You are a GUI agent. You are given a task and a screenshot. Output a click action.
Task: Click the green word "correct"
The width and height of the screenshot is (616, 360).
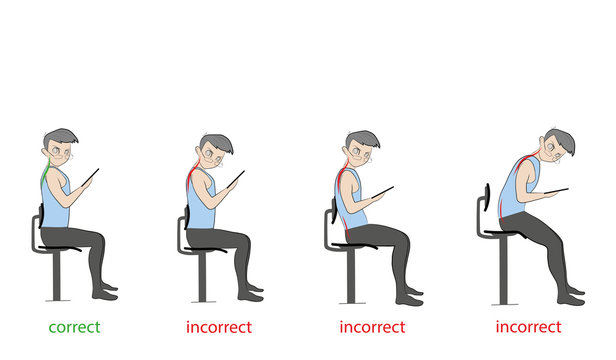pyautogui.click(x=74, y=327)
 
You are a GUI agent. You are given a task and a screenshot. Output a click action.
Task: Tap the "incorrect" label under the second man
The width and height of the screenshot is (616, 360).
pyautogui.click(x=219, y=327)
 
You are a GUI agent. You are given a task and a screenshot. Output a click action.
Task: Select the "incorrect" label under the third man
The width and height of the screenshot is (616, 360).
pyautogui.click(x=373, y=327)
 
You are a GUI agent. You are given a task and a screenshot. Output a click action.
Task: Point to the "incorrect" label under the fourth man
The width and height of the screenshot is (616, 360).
pyautogui.click(x=529, y=327)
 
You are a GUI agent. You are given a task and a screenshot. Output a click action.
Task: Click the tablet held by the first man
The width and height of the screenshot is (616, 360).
pyautogui.click(x=89, y=178)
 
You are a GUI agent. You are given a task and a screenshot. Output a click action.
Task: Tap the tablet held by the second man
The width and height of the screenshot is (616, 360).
pyautogui.click(x=236, y=180)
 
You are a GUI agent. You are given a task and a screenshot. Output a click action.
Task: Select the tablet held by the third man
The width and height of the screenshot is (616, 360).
pyautogui.click(x=382, y=191)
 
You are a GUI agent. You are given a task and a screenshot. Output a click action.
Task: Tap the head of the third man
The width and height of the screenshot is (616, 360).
pyautogui.click(x=362, y=151)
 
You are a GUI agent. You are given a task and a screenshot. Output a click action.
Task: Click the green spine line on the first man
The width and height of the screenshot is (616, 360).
pyautogui.click(x=44, y=180)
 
